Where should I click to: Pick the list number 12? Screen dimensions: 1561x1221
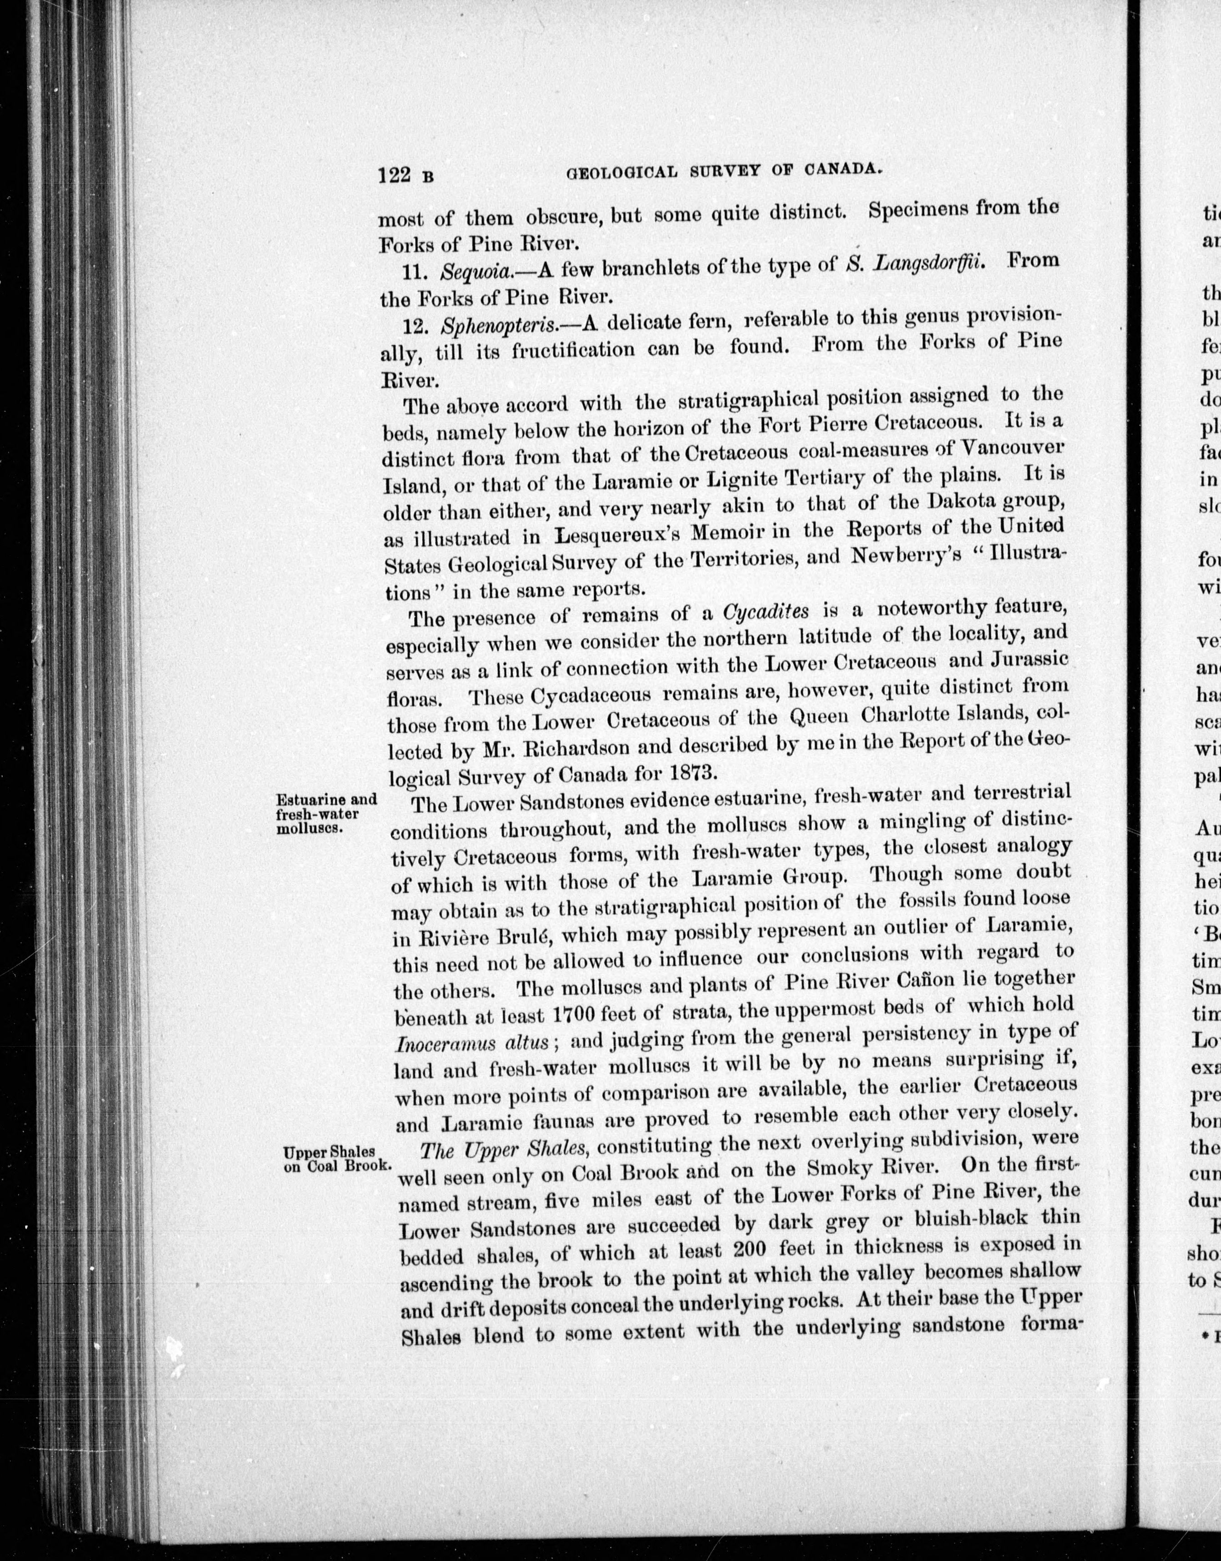point(419,327)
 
